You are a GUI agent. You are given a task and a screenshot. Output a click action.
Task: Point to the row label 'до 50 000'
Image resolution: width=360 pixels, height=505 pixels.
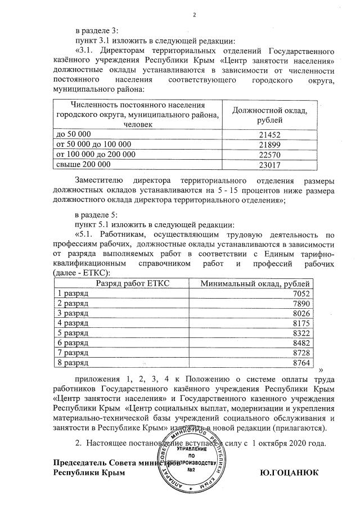[71, 135]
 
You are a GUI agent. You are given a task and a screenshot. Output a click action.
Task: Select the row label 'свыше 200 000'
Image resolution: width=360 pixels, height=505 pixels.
[79, 164]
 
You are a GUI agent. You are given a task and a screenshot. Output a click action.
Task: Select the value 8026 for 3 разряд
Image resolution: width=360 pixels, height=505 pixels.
[301, 313]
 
